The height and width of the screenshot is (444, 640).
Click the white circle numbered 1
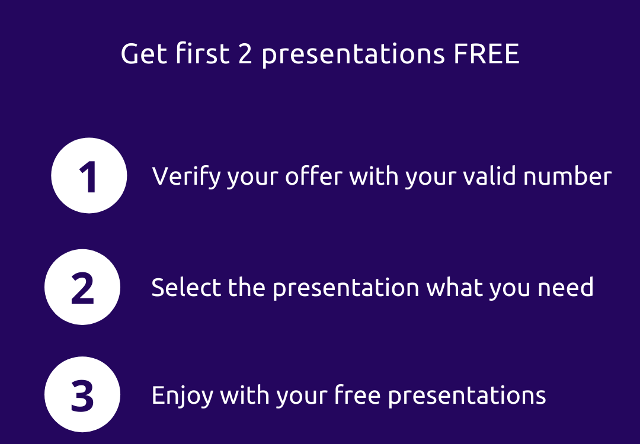point(89,175)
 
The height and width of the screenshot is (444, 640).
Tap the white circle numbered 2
point(82,287)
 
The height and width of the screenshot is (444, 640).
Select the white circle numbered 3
point(82,394)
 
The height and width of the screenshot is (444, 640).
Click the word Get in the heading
point(144,53)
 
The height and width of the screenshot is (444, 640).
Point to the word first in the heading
point(203,53)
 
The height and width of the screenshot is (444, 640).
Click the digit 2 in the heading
point(245,53)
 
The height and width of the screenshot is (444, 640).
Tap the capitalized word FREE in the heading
point(487,53)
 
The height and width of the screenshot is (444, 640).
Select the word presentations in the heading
point(353,55)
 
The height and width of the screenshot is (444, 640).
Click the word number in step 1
point(567,176)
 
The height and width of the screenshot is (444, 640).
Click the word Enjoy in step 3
point(183,396)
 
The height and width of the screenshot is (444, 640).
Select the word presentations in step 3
point(467,396)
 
